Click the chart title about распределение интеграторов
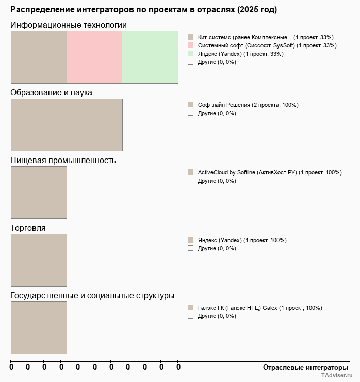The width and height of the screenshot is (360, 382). coord(143,10)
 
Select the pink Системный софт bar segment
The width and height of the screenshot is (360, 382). coord(94,57)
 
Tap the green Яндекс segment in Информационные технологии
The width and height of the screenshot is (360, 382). coord(150,57)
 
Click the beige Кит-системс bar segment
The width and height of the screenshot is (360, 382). coord(39,57)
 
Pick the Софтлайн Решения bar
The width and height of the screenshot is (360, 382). coord(67,124)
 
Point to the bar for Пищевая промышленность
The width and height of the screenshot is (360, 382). coord(39,192)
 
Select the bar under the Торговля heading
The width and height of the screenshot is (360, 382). coord(39,260)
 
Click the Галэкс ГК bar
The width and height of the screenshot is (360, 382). coord(39,327)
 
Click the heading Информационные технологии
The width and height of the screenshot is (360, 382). coord(69,25)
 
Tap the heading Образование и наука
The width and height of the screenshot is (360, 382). coord(51,93)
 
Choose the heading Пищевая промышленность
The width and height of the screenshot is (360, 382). coord(63,161)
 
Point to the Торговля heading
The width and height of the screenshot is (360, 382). coord(28,228)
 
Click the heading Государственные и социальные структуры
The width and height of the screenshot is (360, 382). coord(92,296)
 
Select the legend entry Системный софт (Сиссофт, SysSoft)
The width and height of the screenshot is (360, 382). coord(267,45)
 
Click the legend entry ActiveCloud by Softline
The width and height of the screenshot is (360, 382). coord(270,172)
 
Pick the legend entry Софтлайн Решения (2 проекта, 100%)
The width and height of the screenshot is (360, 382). coord(248,105)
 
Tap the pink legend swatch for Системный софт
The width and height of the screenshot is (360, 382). coord(190,45)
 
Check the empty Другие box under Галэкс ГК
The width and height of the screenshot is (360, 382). coord(190,316)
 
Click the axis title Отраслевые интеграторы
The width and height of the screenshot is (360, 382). coord(305,367)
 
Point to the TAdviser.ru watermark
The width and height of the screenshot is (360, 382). coord(337,376)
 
